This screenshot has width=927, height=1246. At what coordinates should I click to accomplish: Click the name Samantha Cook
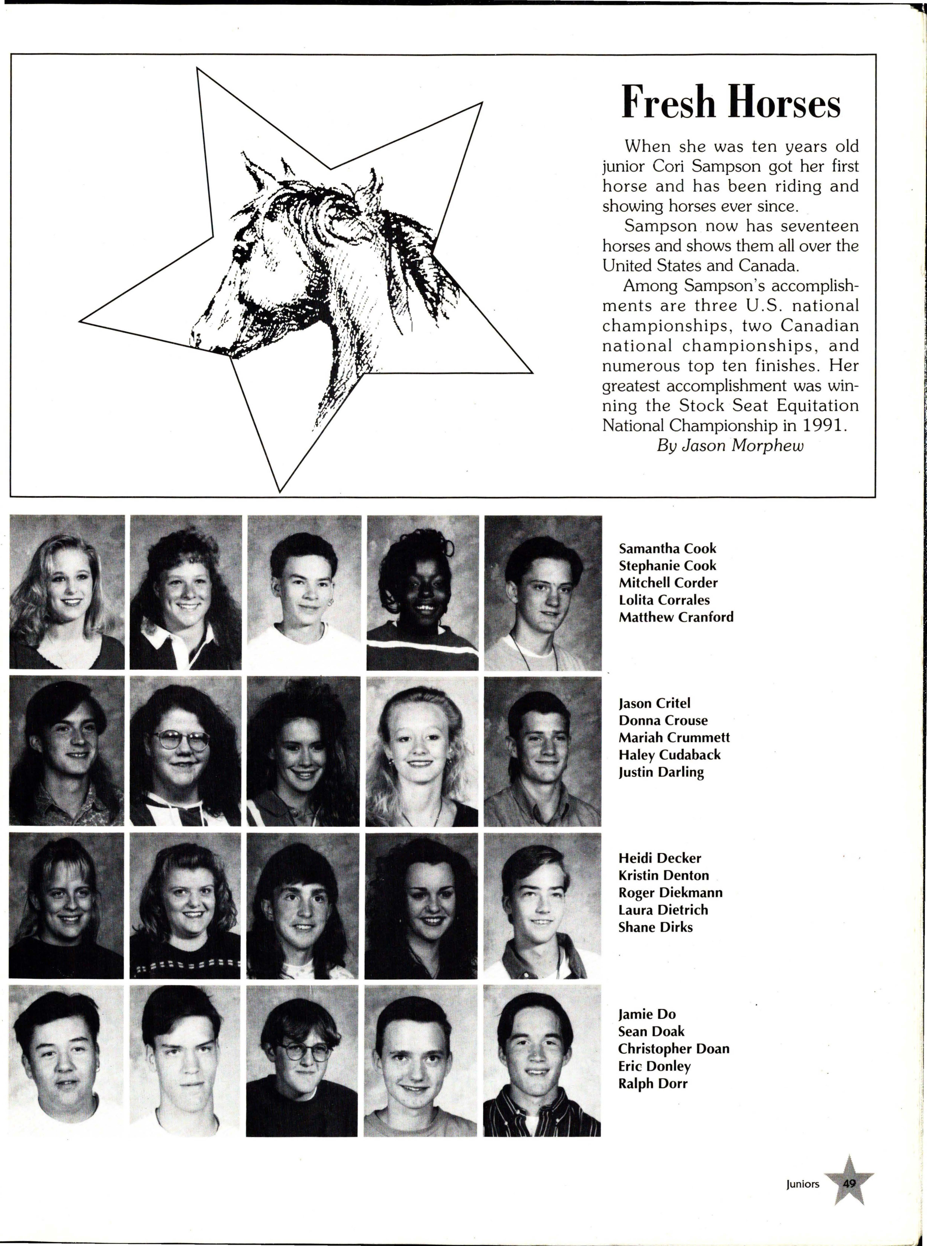(667, 548)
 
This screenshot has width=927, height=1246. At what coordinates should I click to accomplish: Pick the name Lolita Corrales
(664, 600)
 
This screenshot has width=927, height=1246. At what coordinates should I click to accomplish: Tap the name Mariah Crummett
(674, 737)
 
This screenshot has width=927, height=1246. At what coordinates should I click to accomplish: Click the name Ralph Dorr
(653, 1083)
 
